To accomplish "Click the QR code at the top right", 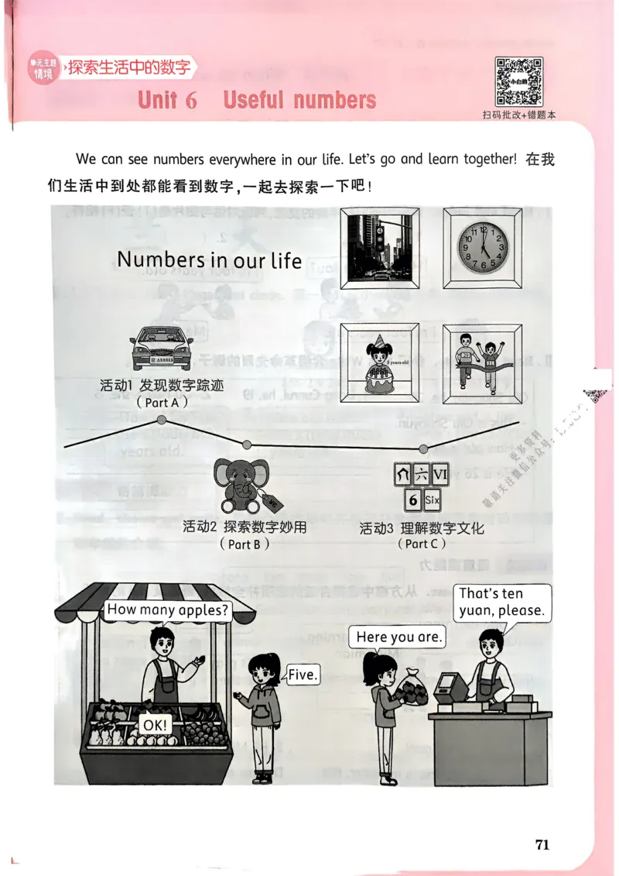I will pos(518,81).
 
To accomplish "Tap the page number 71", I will pos(542,844).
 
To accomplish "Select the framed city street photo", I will pos(375,248).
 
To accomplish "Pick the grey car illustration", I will pos(162,347).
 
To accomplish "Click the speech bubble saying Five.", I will pos(303,675).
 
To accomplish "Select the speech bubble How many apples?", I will pos(168,610).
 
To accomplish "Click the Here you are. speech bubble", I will pos(399,637).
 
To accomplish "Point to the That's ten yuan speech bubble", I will pos(501,602).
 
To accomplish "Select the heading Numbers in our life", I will pos(209,259).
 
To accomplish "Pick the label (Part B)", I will pos(244,544).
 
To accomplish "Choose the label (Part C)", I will pos(422,544).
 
